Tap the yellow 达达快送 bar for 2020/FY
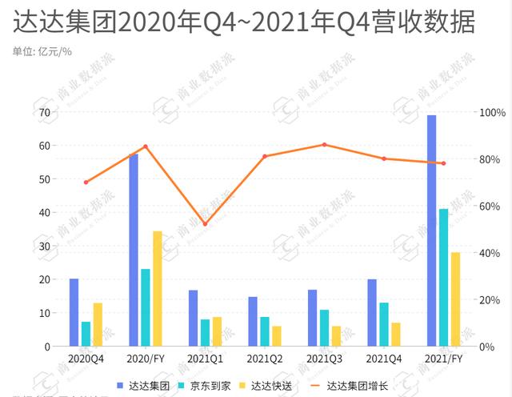(158, 288)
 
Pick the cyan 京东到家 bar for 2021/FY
(444, 277)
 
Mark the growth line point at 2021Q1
(205, 224)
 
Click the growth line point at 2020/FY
(146, 146)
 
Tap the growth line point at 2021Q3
(324, 145)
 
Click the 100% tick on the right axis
(490, 113)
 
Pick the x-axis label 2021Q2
(264, 359)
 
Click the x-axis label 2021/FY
(443, 359)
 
